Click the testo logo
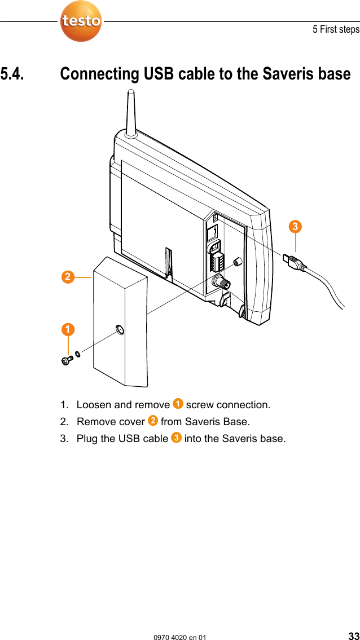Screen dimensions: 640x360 [x=81, y=21]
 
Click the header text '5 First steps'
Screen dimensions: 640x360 [x=336, y=29]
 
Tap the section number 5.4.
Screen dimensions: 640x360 [x=12, y=74]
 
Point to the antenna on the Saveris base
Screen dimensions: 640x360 [x=130, y=113]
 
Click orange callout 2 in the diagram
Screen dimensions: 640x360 [x=68, y=277]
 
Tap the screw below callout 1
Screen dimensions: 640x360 [x=67, y=359]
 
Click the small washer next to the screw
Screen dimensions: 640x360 [x=78, y=354]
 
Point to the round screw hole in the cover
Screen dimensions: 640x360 [x=120, y=330]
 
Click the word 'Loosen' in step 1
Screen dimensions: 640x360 [x=94, y=405]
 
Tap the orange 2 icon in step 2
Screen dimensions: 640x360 [x=152, y=421]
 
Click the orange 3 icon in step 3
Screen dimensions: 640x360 [x=176, y=438]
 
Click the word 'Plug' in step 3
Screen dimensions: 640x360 [x=86, y=439]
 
